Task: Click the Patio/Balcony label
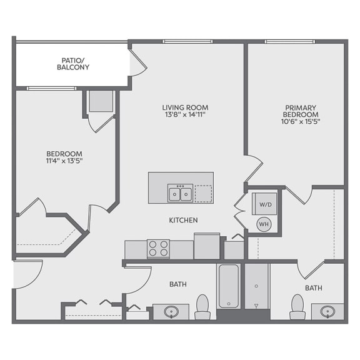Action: click(x=74, y=62)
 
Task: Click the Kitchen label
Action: click(x=183, y=220)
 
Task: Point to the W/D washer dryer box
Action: click(x=265, y=204)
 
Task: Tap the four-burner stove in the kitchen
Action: click(x=158, y=248)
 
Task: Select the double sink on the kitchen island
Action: click(x=180, y=193)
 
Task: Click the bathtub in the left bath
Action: click(x=228, y=285)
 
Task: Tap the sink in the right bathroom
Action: click(x=327, y=311)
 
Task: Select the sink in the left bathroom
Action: click(x=170, y=311)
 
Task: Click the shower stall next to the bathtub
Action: click(x=256, y=286)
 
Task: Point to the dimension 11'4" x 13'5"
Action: click(x=64, y=161)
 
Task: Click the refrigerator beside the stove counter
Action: click(x=207, y=246)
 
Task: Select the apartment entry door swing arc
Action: click(x=29, y=274)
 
